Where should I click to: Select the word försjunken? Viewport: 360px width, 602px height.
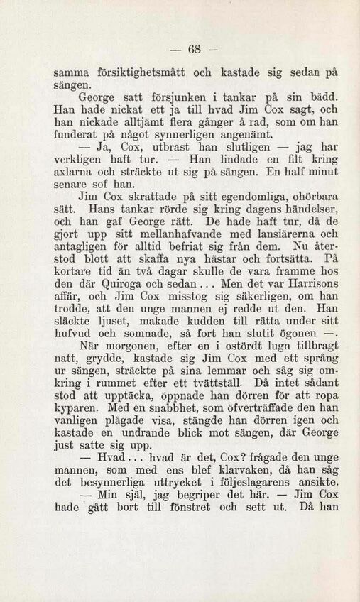pos(156,97)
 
